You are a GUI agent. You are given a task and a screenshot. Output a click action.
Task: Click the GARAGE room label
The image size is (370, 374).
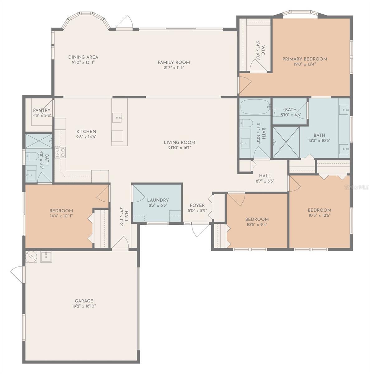[x=84, y=301]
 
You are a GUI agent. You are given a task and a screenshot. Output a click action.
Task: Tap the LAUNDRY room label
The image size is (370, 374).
[x=158, y=200]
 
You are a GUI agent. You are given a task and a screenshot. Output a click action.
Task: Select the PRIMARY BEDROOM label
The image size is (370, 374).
[x=305, y=59]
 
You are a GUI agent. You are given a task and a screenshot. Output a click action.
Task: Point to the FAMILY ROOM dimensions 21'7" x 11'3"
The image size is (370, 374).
[x=174, y=68]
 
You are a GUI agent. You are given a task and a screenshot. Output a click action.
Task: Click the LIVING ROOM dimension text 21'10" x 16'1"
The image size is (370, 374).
[x=179, y=148]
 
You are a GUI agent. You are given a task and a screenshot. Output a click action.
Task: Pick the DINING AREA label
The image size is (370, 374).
[x=83, y=57]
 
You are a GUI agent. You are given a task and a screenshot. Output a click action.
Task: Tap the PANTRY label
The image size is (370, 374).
[x=41, y=110]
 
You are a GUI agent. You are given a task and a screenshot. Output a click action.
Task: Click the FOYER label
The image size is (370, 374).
[x=197, y=205]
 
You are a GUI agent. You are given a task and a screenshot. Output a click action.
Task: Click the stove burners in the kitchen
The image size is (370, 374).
[x=60, y=152]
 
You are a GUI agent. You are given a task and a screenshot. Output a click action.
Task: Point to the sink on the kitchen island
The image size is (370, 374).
[x=117, y=118]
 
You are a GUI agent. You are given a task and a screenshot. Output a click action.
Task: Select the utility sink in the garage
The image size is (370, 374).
[x=46, y=257]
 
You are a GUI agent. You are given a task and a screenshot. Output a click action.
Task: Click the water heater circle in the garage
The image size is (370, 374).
[x=31, y=257]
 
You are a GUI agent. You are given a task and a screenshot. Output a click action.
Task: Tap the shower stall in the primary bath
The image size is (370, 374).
[x=286, y=142]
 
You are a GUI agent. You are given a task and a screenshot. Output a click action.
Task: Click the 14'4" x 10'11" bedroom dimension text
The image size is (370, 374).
[x=61, y=216]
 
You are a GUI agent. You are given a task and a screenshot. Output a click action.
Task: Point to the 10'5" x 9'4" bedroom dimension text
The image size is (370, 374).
[x=257, y=224]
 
